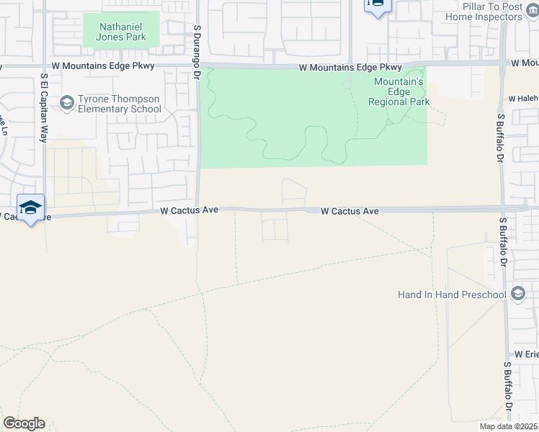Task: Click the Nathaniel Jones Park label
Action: tap(120, 32)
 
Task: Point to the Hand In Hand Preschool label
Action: tap(452, 294)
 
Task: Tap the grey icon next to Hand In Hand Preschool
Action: tap(517, 294)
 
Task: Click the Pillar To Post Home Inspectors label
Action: tap(494, 12)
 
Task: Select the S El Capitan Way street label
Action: tap(44, 107)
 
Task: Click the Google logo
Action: tap(24, 423)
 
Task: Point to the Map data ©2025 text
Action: tap(509, 426)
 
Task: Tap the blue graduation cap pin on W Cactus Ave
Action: tap(30, 208)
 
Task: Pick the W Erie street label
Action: tap(526, 355)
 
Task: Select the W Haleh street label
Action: tap(522, 99)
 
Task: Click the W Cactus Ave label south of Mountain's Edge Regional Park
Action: tap(349, 211)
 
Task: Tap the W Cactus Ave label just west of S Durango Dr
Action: tap(189, 211)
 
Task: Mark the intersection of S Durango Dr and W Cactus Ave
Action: tap(197, 210)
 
